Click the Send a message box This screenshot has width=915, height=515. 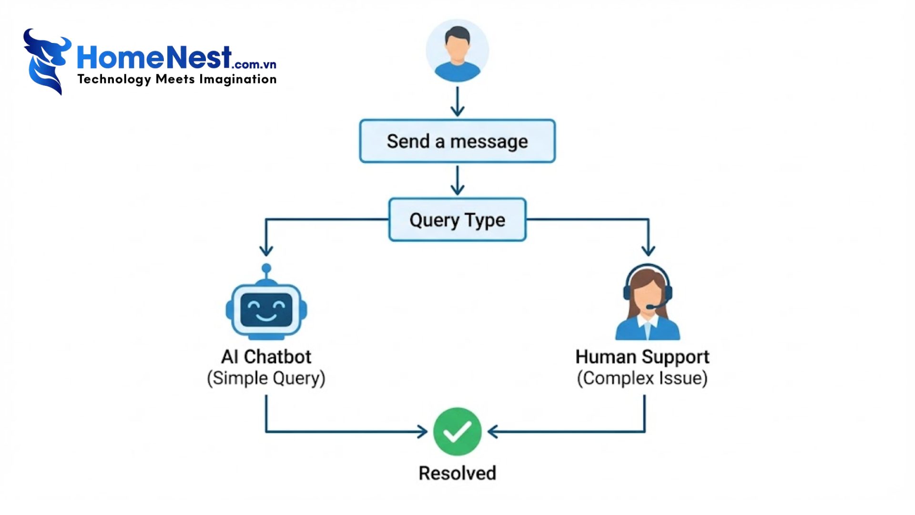457,141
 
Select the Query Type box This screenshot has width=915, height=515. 457,220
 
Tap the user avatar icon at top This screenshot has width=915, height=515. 457,51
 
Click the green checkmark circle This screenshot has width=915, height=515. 457,432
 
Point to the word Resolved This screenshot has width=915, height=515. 457,473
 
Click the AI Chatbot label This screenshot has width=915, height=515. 266,357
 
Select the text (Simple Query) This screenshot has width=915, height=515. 266,378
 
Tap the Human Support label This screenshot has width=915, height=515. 642,357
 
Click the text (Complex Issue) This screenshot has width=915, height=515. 642,378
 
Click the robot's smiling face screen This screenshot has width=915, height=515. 266,310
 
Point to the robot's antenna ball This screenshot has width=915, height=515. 266,268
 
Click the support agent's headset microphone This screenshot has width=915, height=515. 651,307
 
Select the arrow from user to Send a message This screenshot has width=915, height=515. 457,102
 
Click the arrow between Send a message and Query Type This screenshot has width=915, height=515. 457,181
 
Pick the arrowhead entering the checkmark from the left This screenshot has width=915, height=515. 422,432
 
